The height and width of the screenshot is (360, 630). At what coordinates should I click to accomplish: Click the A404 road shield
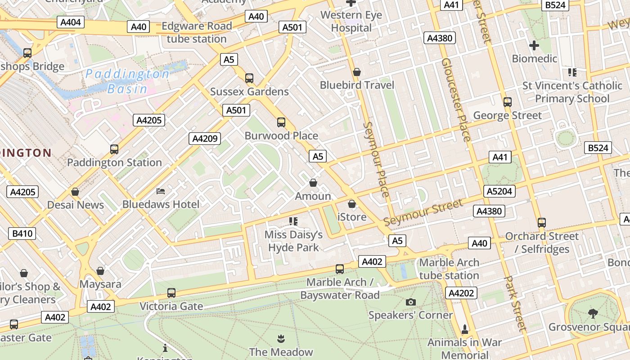click(x=71, y=22)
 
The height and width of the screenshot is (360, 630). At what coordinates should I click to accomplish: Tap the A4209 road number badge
click(x=205, y=139)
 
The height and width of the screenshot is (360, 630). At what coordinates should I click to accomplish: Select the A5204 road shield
click(x=499, y=191)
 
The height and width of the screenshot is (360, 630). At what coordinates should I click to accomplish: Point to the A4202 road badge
click(x=462, y=293)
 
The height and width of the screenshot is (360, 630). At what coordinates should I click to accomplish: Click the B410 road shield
click(x=22, y=233)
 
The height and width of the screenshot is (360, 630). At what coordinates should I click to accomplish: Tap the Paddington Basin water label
click(x=127, y=81)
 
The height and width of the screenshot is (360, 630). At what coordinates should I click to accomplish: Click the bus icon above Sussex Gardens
click(x=249, y=78)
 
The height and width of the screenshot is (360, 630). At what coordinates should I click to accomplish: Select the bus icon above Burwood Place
click(x=281, y=122)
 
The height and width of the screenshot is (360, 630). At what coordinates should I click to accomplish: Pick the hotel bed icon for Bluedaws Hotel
click(x=161, y=191)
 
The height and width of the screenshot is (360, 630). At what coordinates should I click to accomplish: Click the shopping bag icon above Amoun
click(x=313, y=183)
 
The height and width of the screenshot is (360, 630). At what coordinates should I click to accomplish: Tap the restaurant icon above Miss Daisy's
click(x=293, y=221)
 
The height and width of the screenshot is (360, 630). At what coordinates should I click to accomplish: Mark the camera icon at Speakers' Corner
click(x=411, y=302)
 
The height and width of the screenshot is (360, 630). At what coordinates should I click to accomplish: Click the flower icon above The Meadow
click(x=281, y=338)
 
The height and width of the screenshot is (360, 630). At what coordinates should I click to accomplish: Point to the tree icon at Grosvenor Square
click(x=593, y=313)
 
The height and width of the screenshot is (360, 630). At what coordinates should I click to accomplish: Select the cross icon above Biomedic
click(x=534, y=45)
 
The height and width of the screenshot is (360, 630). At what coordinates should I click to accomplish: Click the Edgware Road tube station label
click(x=197, y=32)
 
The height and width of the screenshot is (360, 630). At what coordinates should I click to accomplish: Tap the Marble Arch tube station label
click(x=449, y=269)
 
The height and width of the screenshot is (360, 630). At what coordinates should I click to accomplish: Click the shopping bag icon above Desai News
click(x=75, y=192)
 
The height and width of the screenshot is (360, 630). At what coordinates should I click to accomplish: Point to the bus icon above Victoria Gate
click(x=171, y=293)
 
